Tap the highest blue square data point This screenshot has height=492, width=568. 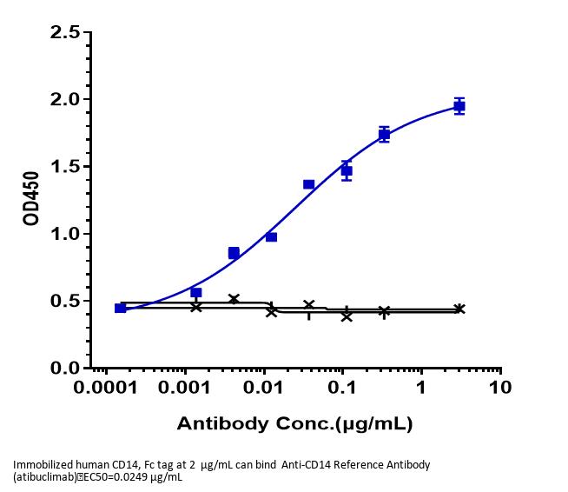pyautogui.click(x=459, y=106)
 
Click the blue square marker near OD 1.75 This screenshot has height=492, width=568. pyautogui.click(x=384, y=135)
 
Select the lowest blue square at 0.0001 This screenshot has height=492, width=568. pyautogui.click(x=121, y=308)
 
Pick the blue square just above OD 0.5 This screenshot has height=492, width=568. pyautogui.click(x=196, y=293)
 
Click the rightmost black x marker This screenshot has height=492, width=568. pyautogui.click(x=459, y=309)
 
